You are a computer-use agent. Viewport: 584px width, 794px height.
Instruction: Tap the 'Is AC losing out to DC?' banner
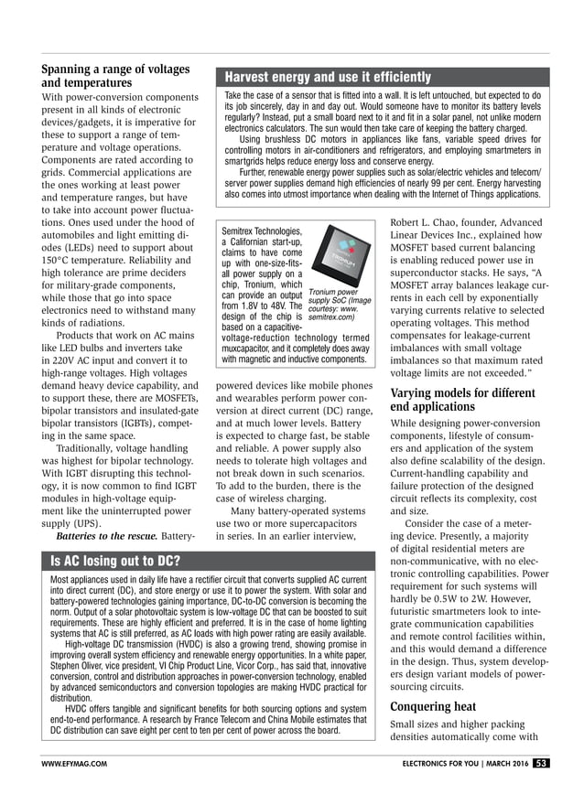(116, 560)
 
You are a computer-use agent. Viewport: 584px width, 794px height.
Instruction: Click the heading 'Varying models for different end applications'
(462, 399)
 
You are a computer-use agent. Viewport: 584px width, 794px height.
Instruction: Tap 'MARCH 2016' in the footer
(504, 763)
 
